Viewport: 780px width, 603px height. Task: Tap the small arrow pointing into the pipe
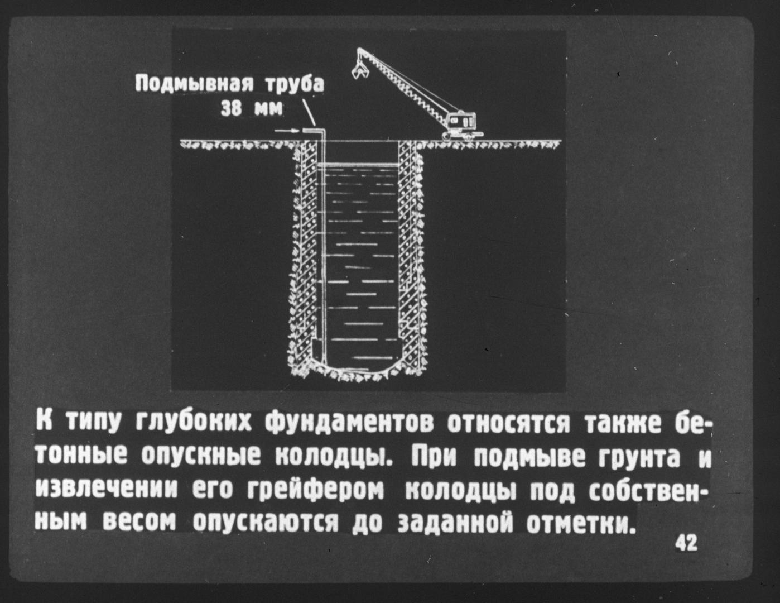point(287,131)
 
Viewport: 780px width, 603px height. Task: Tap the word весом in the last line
point(141,523)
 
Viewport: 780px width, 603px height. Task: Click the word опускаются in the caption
point(266,523)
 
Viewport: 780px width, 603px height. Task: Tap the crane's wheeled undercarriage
point(463,136)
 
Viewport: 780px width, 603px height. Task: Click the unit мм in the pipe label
point(268,109)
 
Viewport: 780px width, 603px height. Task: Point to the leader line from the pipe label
point(309,113)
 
